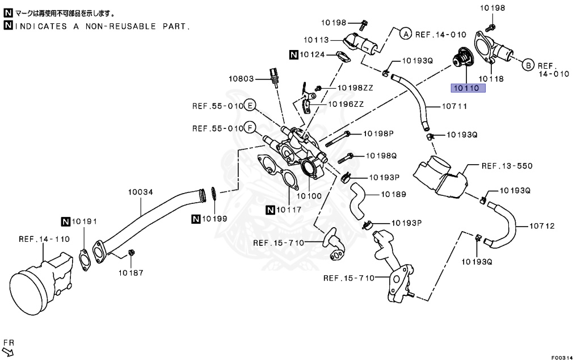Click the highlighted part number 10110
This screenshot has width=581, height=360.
(x=465, y=88)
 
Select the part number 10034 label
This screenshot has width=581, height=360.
(x=140, y=192)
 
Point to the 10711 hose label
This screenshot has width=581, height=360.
(x=453, y=106)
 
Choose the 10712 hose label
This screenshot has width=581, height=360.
(x=542, y=225)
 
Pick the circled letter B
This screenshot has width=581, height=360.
(x=527, y=65)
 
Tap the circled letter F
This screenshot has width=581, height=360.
(x=250, y=128)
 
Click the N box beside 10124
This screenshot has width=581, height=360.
(x=294, y=55)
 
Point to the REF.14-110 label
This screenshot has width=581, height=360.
(x=44, y=239)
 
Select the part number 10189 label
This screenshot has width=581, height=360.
(x=393, y=194)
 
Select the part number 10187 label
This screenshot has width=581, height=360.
(x=131, y=272)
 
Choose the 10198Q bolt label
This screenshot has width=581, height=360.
(x=381, y=155)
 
